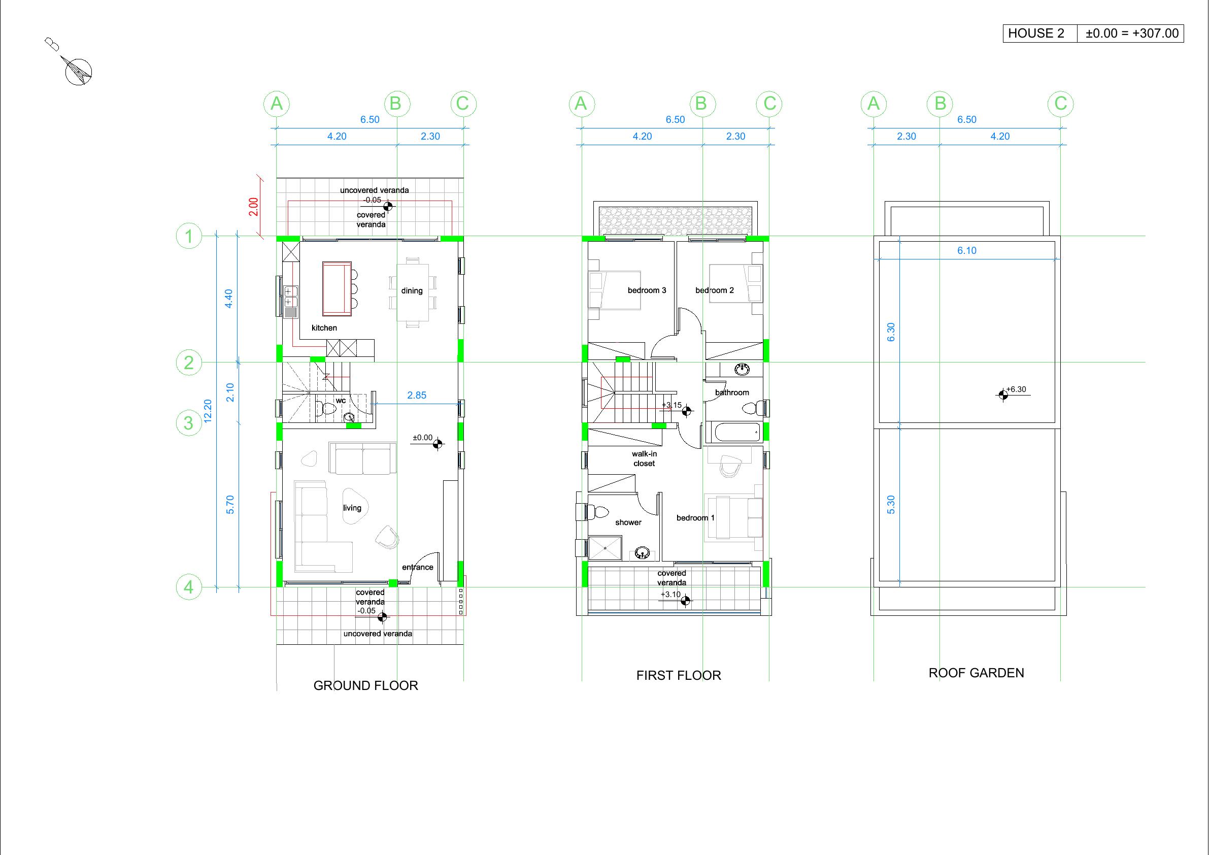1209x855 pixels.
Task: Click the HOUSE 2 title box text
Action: [x=1036, y=33]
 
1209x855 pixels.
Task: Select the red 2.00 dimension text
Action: [x=254, y=207]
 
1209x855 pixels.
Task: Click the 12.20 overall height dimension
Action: [x=208, y=411]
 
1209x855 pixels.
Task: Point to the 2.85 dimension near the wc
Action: [x=417, y=395]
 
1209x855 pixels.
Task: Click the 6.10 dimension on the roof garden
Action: [x=967, y=251]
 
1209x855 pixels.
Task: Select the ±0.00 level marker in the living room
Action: [x=427, y=440]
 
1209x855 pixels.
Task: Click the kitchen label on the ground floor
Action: [x=324, y=327]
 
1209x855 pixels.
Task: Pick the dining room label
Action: [x=412, y=291]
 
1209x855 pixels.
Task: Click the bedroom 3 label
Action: [x=647, y=290]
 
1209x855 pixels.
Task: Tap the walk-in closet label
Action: [x=645, y=458]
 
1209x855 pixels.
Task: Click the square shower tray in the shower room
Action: [x=605, y=548]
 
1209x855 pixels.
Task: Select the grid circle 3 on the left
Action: [x=188, y=423]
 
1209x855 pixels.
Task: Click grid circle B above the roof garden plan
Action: [x=940, y=104]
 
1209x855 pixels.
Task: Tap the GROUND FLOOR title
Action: [x=366, y=685]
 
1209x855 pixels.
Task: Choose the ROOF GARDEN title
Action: [x=976, y=673]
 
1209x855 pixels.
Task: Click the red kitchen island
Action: [x=337, y=289]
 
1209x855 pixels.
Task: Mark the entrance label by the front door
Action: [x=418, y=567]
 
